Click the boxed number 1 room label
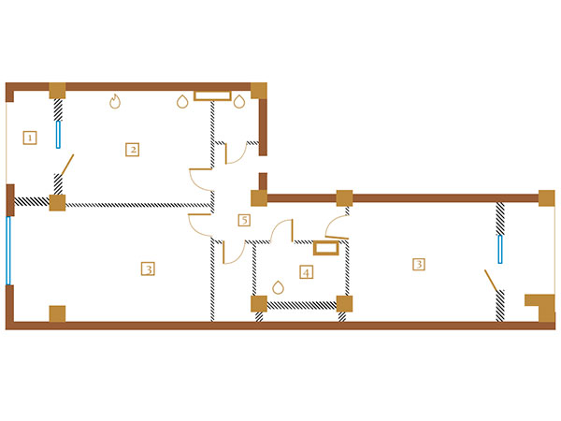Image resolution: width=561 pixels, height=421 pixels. tap(30, 138)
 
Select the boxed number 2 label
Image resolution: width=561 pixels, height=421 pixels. tap(133, 150)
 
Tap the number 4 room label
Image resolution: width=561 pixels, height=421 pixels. tap(307, 272)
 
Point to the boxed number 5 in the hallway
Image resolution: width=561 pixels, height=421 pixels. tap(244, 220)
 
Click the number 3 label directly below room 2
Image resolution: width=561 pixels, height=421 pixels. tap(148, 269)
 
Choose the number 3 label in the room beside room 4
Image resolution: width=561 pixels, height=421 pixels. tap(419, 264)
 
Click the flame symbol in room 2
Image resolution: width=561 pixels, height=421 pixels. tap(115, 101)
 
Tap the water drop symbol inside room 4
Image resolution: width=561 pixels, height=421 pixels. tap(278, 287)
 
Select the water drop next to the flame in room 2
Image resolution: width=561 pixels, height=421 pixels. tap(182, 101)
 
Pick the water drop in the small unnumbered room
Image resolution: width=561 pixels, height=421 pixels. tap(239, 101)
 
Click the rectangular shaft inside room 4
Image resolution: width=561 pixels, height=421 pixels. tap(326, 248)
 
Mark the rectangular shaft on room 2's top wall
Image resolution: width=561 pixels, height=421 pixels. tap(212, 96)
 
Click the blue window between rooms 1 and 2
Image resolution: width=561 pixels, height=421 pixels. tap(58, 134)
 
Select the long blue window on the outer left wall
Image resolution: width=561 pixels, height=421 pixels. tap(8, 251)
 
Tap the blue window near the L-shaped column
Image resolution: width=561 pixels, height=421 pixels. tap(500, 249)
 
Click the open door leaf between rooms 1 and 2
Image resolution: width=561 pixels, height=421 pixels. tap(67, 165)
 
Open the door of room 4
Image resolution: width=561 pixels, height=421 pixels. tap(293, 231)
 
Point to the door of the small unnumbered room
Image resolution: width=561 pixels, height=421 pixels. tap(226, 154)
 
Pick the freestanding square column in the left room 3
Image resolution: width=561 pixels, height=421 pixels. tap(57, 313)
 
